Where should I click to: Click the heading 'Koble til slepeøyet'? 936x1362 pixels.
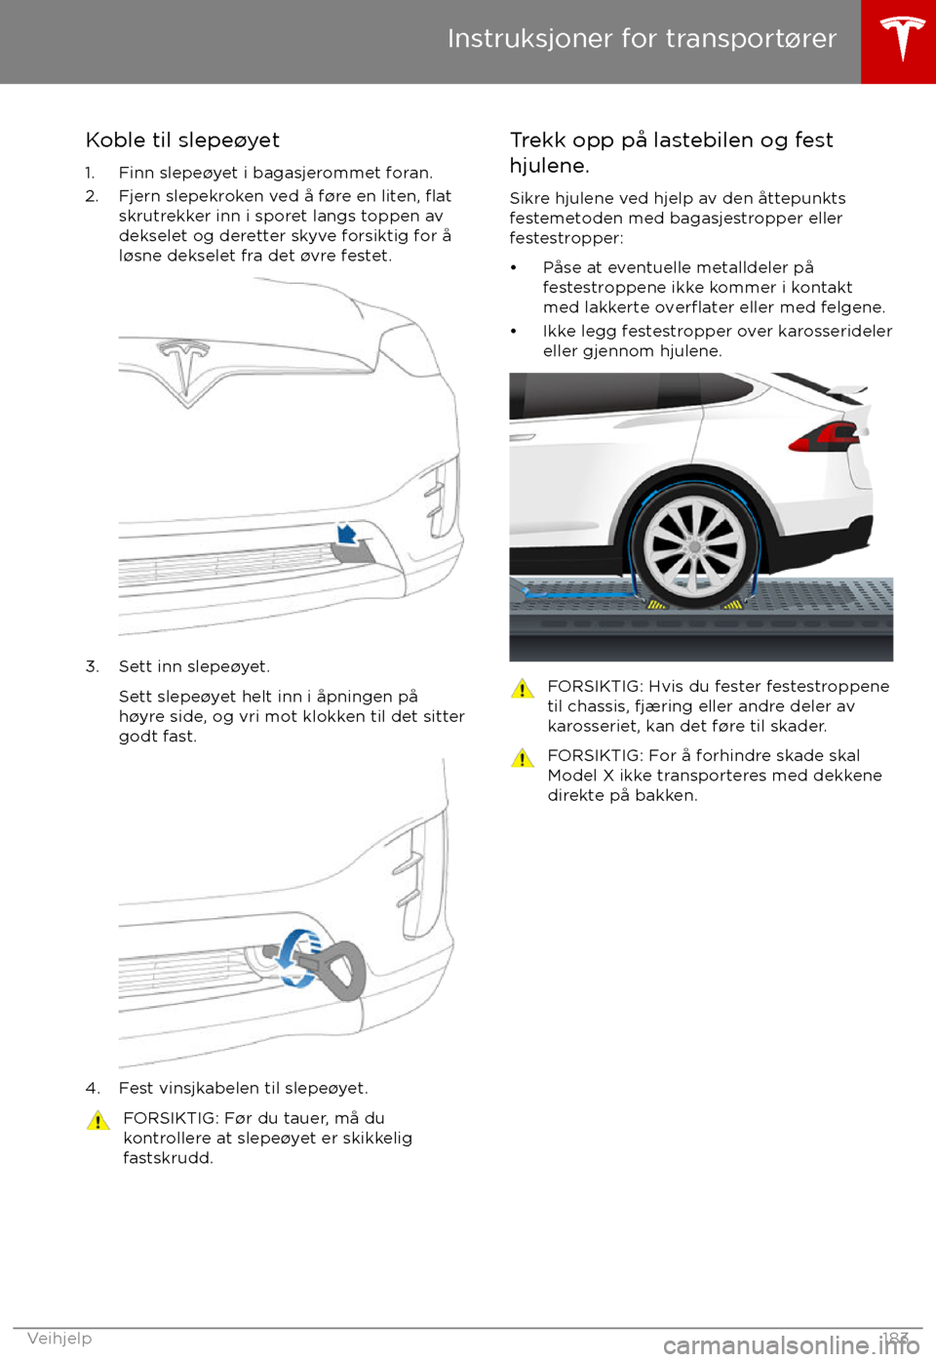tap(182, 140)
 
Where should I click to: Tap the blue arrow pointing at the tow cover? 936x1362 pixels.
tap(346, 534)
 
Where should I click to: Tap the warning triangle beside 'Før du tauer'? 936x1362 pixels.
tap(97, 1120)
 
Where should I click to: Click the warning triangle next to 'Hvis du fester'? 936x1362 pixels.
tap(523, 689)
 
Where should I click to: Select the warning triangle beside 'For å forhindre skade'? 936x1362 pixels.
tap(523, 758)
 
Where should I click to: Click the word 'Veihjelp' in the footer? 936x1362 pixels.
tap(59, 1338)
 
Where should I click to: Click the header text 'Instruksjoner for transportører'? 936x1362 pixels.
tap(642, 38)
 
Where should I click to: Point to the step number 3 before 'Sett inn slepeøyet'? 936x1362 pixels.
tap(92, 666)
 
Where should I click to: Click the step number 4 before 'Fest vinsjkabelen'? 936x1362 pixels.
tap(92, 1088)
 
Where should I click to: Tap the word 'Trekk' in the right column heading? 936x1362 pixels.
tap(537, 140)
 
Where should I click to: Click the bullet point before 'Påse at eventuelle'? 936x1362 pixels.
tap(514, 267)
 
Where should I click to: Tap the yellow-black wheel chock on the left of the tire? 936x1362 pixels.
tap(656, 605)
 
